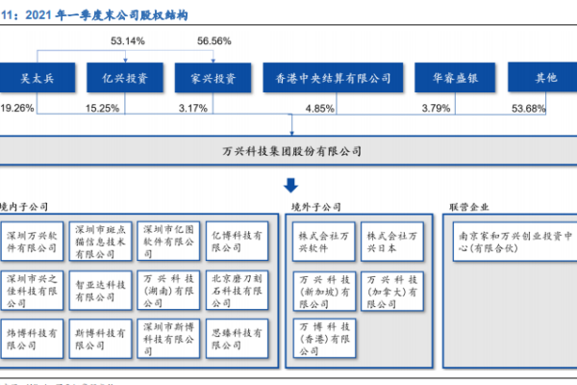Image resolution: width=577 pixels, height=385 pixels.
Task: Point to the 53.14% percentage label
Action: (x=128, y=42)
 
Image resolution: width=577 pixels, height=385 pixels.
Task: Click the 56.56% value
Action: (x=214, y=42)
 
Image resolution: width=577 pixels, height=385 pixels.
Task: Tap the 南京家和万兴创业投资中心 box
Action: (x=513, y=240)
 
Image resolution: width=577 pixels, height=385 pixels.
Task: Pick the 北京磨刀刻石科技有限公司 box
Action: (x=236, y=285)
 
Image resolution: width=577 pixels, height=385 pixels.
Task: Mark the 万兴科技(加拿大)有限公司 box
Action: (x=391, y=285)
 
